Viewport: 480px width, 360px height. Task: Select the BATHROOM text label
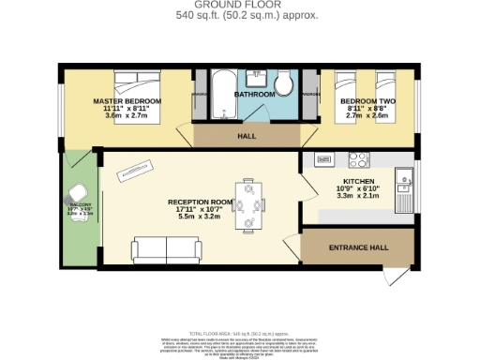click(x=254, y=95)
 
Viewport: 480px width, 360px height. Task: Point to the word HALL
click(x=247, y=136)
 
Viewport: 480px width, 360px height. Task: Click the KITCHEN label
click(x=359, y=181)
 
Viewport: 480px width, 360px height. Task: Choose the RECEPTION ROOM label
click(x=200, y=202)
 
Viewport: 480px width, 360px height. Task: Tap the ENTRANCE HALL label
click(x=357, y=248)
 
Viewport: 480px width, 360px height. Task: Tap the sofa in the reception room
click(x=167, y=250)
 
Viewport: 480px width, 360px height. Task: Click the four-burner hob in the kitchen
click(x=358, y=158)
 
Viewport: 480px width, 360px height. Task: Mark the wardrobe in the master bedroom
click(x=198, y=95)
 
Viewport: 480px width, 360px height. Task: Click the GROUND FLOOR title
click(x=239, y=6)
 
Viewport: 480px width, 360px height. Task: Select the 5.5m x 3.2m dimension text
click(x=200, y=217)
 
